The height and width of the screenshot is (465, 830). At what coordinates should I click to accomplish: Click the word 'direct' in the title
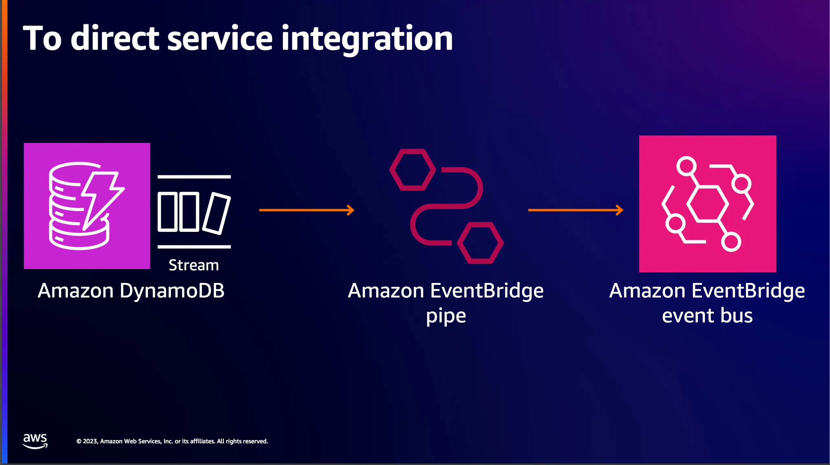coord(115,38)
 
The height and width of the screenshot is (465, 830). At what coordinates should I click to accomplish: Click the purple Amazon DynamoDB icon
coord(87,206)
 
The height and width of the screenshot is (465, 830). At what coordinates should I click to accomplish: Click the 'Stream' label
coord(194,265)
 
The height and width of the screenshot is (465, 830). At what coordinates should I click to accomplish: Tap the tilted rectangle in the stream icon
coord(216,213)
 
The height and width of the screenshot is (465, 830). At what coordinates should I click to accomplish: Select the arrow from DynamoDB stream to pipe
coord(307,210)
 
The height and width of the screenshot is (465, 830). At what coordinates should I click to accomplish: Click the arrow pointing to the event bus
coord(576,210)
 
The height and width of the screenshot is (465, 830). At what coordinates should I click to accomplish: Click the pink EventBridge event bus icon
coord(708,204)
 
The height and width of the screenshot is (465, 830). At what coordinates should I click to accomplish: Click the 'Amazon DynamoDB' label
coord(131,290)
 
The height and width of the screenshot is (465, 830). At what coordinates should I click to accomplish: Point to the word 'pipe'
coord(446,316)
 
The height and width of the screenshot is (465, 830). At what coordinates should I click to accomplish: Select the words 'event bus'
coord(707,316)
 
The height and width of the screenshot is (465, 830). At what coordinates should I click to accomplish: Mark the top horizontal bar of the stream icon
coord(194,177)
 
